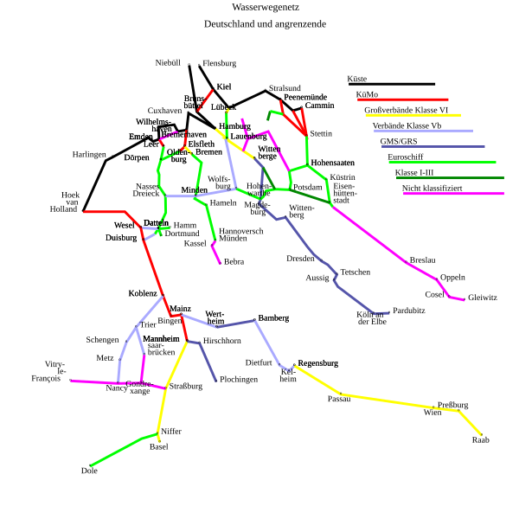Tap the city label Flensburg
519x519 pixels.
[219, 63]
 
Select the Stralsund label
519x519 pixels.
[285, 88]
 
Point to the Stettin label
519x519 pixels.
[320, 133]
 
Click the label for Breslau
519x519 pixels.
[422, 260]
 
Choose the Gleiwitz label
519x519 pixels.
[482, 298]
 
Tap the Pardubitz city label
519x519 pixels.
[408, 310]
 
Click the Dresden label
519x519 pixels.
[301, 259]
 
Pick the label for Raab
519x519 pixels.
[480, 440]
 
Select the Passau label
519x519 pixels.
[339, 399]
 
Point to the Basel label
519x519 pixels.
[159, 447]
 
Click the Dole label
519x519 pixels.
[89, 471]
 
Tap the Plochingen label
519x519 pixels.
[239, 380]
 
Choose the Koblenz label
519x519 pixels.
[143, 294]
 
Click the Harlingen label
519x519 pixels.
[88, 155]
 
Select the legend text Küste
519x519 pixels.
[357, 79]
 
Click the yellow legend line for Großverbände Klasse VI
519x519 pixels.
[413, 115]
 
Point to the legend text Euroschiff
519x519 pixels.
[405, 157]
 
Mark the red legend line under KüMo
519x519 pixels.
[401, 99]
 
